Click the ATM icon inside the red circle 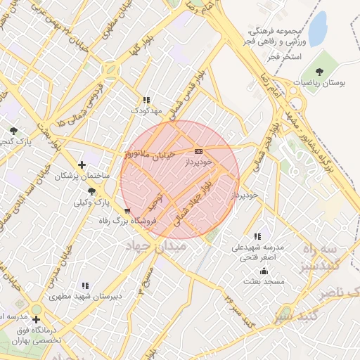click(198, 150)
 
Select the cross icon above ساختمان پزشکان click(82, 165)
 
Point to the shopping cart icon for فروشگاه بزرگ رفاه click(127, 210)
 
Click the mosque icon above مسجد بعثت click(264, 271)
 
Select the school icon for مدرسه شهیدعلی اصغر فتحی click(257, 237)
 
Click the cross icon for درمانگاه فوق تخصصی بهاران click(36, 319)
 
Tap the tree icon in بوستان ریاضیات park click(321, 71)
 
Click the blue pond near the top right click(318, 29)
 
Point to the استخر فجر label click(284, 55)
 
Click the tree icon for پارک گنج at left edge click(13, 131)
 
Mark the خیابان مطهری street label click(112, 21)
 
